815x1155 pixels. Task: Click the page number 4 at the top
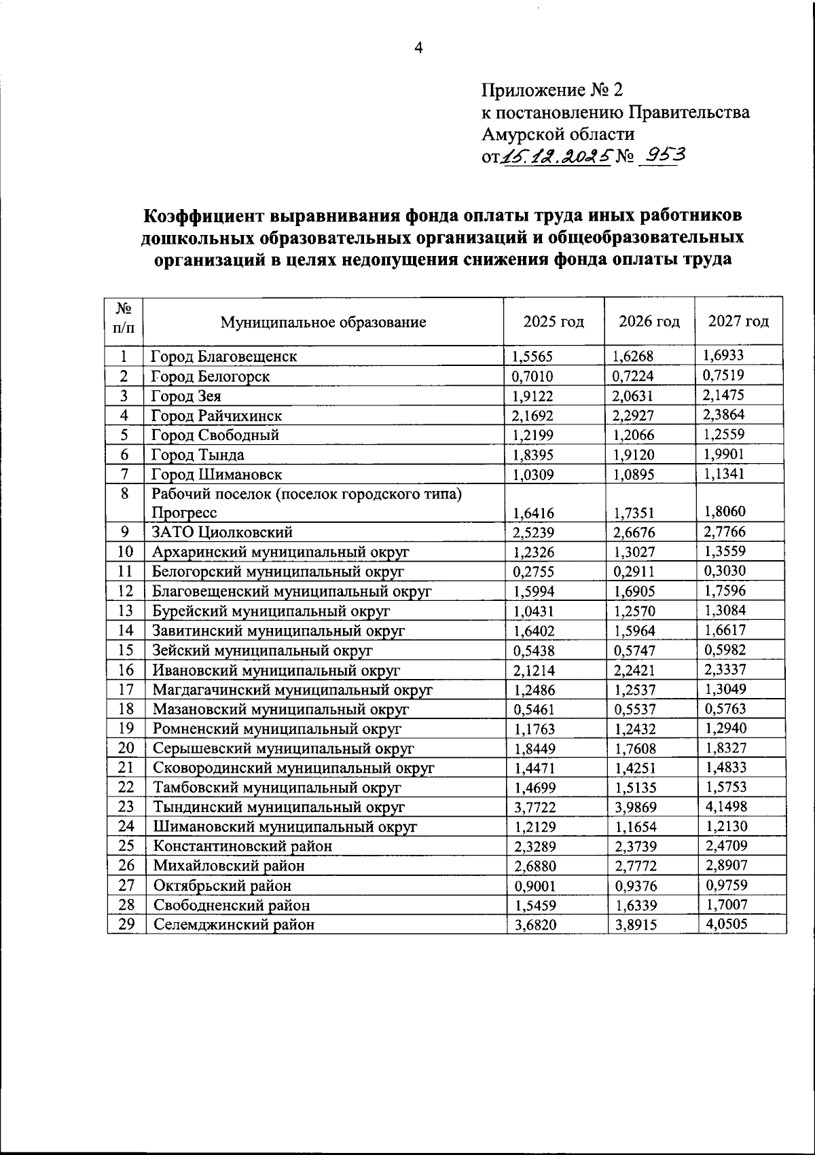[x=418, y=48]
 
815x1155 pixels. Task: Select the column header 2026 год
[x=649, y=321]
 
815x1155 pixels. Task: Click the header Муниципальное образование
[x=323, y=322]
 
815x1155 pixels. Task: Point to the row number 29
[x=126, y=924]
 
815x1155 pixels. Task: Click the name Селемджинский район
[x=234, y=924]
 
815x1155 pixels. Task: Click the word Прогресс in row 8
[x=184, y=513]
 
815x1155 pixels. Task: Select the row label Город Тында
[x=198, y=455]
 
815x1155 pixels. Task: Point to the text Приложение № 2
[x=551, y=90]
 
